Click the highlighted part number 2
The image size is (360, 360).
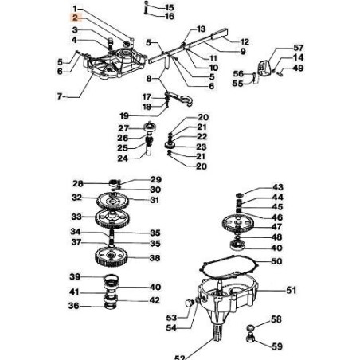(x=74, y=18)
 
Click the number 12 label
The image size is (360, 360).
(x=244, y=41)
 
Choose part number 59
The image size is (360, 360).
(x=276, y=346)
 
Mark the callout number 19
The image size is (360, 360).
(x=123, y=115)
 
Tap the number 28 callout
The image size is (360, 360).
(x=77, y=183)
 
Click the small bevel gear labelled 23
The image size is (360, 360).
(x=174, y=146)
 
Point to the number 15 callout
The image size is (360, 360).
(x=169, y=7)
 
